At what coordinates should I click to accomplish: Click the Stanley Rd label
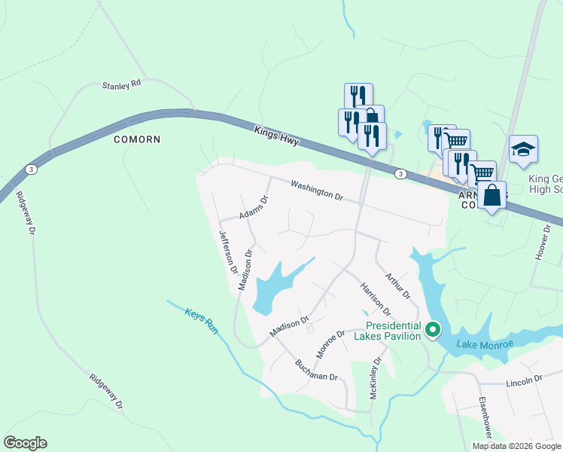[122, 85]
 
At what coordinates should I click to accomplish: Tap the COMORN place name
[137, 139]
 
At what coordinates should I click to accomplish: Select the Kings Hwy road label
[277, 136]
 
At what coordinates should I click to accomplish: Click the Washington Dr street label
[317, 190]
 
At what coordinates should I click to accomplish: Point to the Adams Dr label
[254, 209]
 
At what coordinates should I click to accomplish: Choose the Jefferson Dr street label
[228, 252]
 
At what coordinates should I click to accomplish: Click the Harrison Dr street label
[376, 299]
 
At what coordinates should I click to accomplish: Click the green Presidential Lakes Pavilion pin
[433, 329]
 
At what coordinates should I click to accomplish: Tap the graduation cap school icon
[523, 148]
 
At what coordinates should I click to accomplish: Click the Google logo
[25, 443]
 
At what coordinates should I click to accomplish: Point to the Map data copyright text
[516, 446]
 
